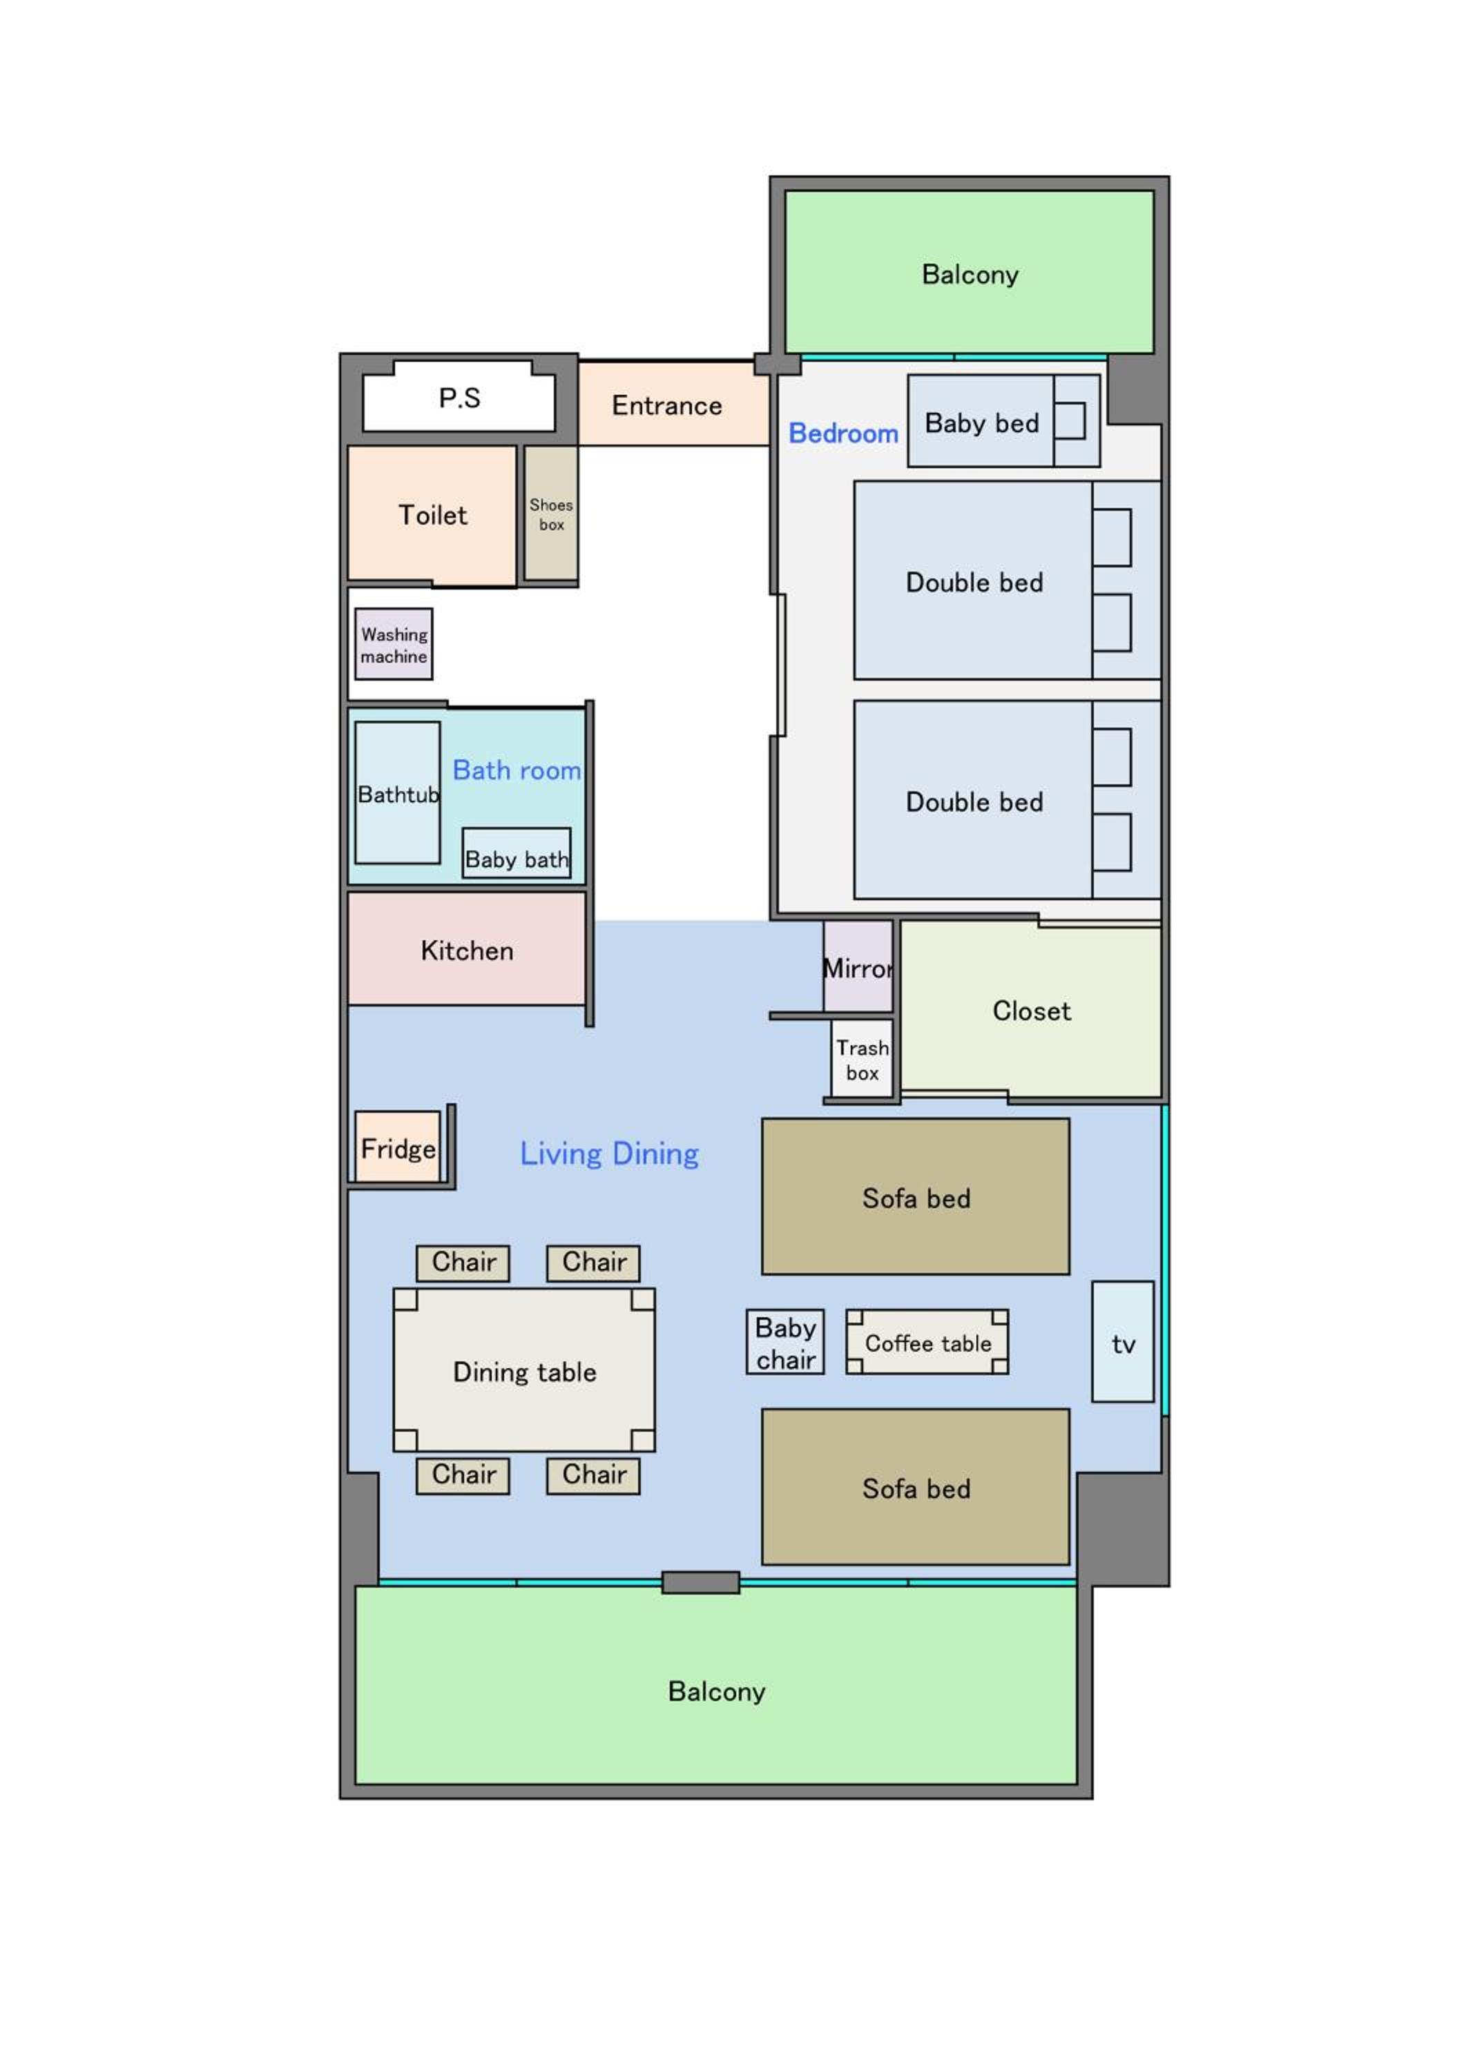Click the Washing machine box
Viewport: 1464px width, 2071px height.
click(394, 644)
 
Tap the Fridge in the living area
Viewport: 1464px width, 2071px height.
click(398, 1147)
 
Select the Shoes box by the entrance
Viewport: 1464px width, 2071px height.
click(551, 514)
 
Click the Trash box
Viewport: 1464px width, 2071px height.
click(863, 1059)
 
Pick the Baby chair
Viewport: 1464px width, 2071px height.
click(784, 1342)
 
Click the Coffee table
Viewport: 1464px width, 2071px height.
click(927, 1342)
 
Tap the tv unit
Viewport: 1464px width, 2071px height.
click(1123, 1342)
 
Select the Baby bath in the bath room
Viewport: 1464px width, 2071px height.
click(516, 853)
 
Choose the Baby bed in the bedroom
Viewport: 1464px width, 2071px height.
click(1004, 421)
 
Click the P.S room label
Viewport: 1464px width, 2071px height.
click(459, 398)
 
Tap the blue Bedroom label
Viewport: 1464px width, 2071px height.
click(843, 434)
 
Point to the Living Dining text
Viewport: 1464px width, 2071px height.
click(609, 1154)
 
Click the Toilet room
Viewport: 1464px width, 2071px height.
click(432, 514)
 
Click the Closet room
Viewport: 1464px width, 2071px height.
click(1031, 1010)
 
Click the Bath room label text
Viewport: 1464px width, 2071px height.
click(517, 770)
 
